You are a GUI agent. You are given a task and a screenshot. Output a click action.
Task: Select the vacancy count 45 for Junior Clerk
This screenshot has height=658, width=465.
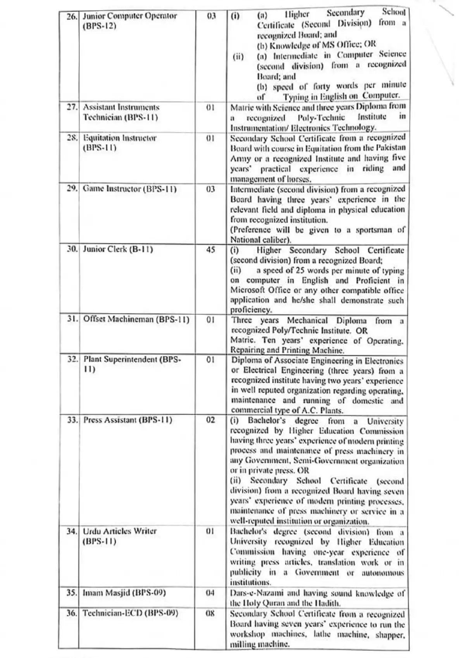(x=210, y=250)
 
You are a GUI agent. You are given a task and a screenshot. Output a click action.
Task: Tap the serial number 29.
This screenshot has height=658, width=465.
(x=72, y=189)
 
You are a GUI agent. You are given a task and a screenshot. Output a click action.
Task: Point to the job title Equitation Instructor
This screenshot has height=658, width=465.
(x=120, y=138)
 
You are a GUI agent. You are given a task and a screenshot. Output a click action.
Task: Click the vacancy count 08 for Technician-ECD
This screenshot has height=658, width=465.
(x=210, y=613)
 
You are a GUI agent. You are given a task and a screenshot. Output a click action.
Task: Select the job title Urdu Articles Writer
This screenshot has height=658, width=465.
(x=120, y=531)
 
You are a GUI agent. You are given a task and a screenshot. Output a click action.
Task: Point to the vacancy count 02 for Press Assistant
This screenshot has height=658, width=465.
(x=210, y=420)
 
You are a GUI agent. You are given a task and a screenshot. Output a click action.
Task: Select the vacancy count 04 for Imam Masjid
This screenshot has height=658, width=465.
(x=210, y=593)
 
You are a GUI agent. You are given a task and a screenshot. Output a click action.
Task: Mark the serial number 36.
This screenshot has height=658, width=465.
(x=72, y=613)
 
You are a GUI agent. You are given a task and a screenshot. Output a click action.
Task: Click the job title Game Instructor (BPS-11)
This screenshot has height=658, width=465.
(x=129, y=189)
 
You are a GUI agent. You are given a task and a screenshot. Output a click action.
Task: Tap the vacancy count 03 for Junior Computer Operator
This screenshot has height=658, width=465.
(x=211, y=16)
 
